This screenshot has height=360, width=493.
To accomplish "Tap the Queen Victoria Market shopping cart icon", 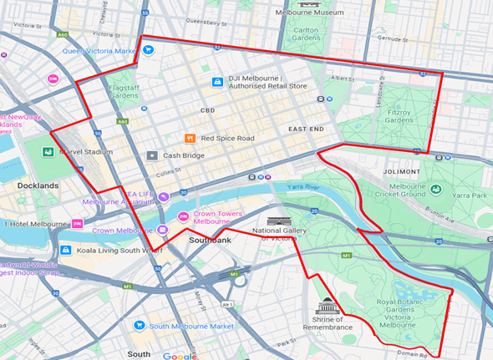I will pos(148,50).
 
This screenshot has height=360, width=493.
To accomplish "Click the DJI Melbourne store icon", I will pos(217,81).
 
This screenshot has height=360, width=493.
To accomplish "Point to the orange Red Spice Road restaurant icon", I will pos(190,138).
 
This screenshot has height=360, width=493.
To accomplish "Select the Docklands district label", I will pos(38,185).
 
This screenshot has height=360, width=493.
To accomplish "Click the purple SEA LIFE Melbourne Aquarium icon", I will pos(163,196).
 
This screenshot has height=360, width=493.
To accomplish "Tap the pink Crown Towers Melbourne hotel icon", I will pos(183,217).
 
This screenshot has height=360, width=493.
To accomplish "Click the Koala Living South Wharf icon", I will pos(66,250).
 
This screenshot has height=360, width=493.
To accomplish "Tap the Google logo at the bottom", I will pos(180,355).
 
